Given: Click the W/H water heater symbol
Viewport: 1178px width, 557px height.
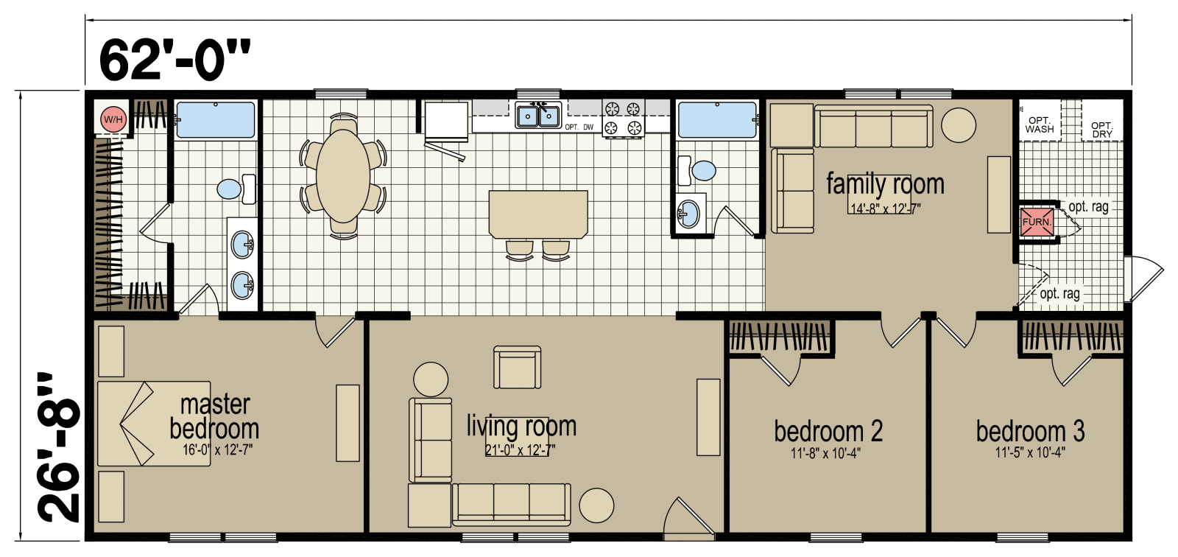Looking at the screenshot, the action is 113,119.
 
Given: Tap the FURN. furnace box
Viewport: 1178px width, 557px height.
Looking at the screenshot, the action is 1037,222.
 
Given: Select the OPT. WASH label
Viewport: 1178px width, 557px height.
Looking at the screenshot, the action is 1040,125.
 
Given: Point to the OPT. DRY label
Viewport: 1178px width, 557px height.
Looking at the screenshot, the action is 1101,130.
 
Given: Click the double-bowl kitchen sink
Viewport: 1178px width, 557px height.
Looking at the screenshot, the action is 538,115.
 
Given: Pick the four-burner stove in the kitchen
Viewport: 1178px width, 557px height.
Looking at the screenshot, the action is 623,119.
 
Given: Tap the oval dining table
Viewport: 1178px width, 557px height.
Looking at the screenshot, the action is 343,176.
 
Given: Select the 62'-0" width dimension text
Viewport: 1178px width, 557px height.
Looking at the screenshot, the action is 174,60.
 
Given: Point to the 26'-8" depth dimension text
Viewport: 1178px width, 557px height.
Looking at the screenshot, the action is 59,447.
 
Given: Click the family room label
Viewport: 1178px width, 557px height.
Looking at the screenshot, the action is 885,184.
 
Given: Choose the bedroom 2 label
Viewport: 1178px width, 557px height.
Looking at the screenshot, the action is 828,431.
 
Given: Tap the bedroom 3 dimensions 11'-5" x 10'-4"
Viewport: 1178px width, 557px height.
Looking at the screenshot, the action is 1030,452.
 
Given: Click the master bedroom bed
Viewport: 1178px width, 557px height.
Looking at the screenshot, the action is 154,424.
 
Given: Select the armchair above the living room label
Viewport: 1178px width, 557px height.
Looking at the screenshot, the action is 517,368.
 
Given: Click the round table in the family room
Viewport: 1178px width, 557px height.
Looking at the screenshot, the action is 958,125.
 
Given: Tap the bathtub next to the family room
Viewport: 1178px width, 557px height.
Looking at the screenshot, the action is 717,120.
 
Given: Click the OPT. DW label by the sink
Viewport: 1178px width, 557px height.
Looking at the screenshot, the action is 579,127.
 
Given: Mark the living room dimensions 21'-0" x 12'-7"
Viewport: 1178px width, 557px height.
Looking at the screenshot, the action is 520,450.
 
